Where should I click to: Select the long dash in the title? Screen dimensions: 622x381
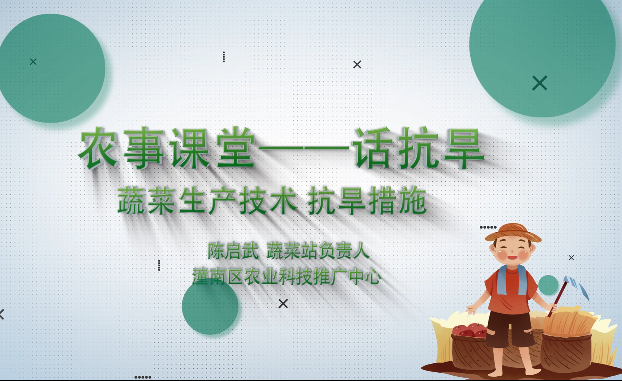click(303, 149)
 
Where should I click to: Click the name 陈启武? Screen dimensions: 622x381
click(233, 251)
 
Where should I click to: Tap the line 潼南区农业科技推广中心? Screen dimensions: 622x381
click(287, 276)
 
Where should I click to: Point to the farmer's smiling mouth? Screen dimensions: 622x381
click(512, 257)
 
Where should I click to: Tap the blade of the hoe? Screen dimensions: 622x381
click(578, 287)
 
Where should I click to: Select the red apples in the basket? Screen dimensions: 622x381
click(469, 330)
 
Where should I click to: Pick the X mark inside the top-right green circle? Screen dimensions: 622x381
click(540, 83)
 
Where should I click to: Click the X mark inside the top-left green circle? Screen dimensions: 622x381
click(33, 62)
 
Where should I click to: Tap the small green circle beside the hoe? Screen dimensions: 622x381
click(548, 285)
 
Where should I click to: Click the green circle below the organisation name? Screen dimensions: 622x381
click(210, 306)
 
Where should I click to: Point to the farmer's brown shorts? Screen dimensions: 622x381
click(510, 329)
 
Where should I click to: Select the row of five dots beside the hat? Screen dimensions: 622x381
click(488, 227)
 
